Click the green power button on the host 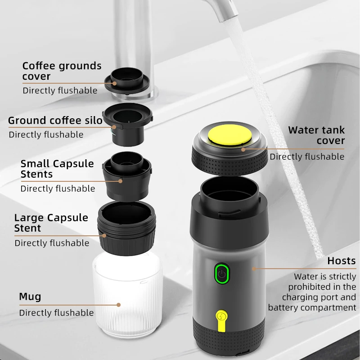click(221, 274)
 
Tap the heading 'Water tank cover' click(316, 135)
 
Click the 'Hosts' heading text click(341, 261)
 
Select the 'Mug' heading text click(30, 297)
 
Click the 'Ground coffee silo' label click(55, 121)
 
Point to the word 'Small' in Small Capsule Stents click(35, 163)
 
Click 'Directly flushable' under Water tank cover click(307, 157)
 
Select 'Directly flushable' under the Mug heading click(56, 313)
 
